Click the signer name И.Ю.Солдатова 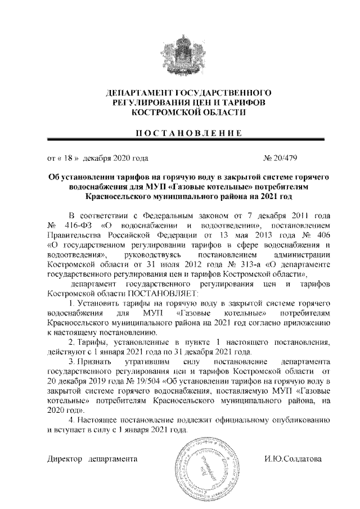pyautogui.click(x=292, y=460)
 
